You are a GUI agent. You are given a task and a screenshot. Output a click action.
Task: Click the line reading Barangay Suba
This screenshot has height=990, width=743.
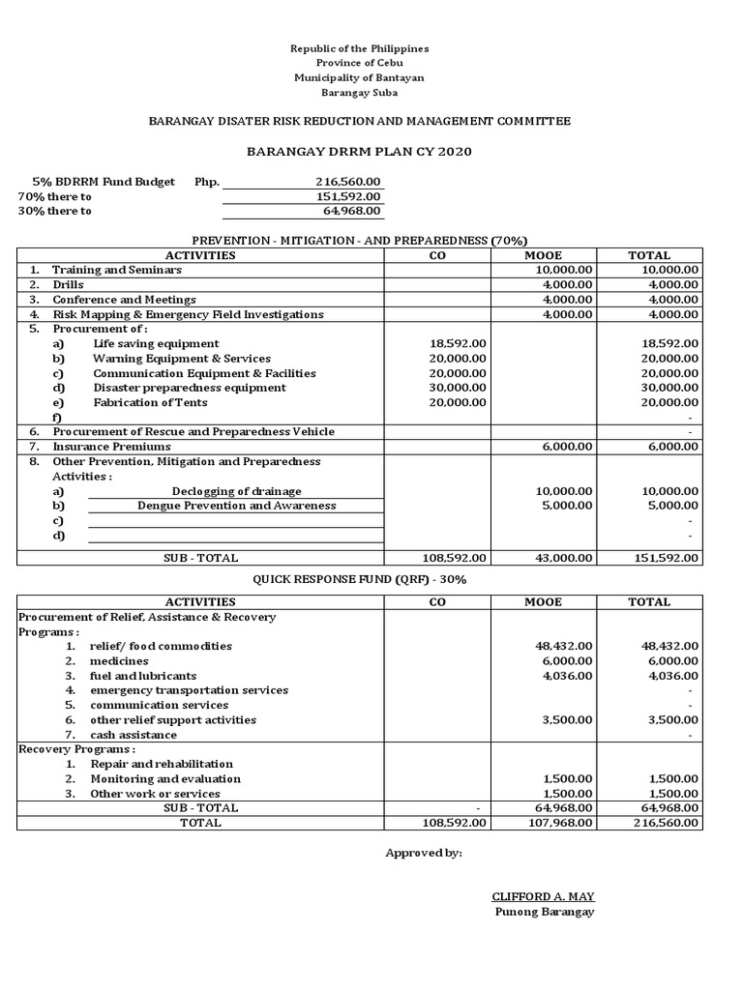click(x=360, y=93)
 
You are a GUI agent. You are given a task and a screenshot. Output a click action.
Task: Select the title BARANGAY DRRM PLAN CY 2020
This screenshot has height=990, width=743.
click(x=360, y=152)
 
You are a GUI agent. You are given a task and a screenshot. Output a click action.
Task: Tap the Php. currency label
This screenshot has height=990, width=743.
click(x=207, y=182)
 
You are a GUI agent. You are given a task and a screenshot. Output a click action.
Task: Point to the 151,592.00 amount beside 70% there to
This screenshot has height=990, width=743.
click(x=348, y=196)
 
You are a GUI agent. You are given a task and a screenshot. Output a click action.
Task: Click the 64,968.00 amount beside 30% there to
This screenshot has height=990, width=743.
click(x=351, y=211)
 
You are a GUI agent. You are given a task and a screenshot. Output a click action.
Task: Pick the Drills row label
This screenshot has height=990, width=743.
click(x=68, y=285)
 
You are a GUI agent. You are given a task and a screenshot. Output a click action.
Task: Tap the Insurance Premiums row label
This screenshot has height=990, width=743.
click(x=111, y=447)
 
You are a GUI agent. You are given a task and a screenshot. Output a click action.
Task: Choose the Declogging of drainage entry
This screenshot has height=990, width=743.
click(x=236, y=491)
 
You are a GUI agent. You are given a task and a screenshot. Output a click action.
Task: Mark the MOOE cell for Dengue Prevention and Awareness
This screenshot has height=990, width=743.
click(x=565, y=506)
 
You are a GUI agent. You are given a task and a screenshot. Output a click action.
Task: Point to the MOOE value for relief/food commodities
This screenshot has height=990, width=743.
click(x=564, y=646)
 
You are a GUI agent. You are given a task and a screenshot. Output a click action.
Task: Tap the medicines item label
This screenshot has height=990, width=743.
click(x=119, y=660)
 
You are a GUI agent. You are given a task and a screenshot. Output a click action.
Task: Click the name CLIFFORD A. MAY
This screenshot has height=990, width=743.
click(x=543, y=896)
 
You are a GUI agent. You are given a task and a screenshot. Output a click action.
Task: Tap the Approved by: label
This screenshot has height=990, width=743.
click(x=424, y=853)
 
